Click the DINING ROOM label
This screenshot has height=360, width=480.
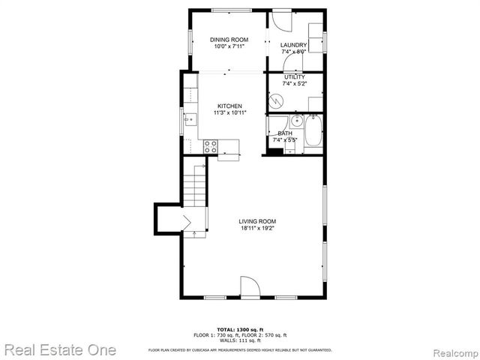click(x=228, y=40)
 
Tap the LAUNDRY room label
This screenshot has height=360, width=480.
click(x=294, y=46)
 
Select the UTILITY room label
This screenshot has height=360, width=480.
click(x=294, y=77)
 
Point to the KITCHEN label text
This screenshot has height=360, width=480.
click(x=229, y=106)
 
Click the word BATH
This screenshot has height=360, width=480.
click(x=285, y=133)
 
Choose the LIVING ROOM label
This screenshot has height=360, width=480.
click(x=257, y=221)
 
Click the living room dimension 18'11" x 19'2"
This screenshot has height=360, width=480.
click(x=257, y=229)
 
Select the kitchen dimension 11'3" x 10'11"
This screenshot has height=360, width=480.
click(x=229, y=113)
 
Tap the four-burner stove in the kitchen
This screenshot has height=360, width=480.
click(x=210, y=146)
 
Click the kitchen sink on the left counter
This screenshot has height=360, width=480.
click(x=190, y=118)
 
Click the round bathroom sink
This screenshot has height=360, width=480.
click(x=296, y=120)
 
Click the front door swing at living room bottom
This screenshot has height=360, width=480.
click(x=249, y=287)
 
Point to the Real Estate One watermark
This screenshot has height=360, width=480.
click(x=59, y=349)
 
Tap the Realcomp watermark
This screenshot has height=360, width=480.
click(x=449, y=350)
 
